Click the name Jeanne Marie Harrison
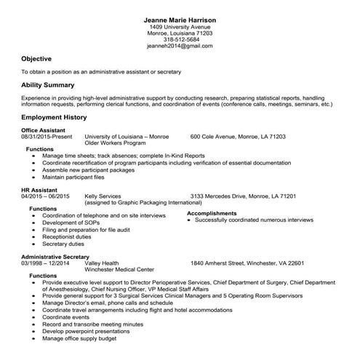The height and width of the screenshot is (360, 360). [x=180, y=17]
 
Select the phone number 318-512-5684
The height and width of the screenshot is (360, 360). [x=180, y=39]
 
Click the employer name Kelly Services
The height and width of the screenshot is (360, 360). [x=103, y=196]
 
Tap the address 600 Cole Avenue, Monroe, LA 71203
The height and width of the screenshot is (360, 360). [x=238, y=136]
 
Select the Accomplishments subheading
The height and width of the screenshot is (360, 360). [x=212, y=213]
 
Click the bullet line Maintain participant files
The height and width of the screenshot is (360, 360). [x=73, y=177]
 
